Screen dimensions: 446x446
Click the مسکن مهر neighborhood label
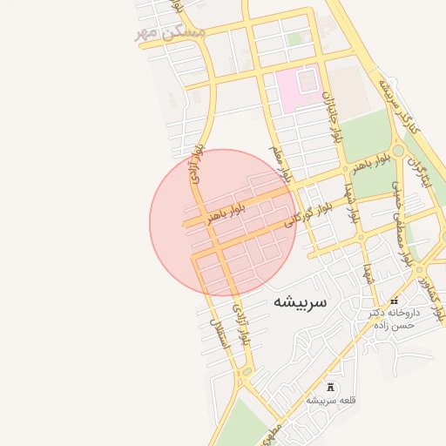pos(170,32)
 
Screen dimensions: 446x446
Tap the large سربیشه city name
pos(299,302)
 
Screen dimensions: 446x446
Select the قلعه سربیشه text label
pos(330,400)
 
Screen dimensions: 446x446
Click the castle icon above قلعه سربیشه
pos(330,386)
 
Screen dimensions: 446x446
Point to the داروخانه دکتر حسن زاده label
pos(393,318)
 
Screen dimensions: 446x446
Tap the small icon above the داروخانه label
pos(394,301)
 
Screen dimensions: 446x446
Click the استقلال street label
pos(219,332)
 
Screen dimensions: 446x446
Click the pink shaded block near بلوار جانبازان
pos(296,91)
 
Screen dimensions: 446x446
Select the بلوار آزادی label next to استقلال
pos(241,327)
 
